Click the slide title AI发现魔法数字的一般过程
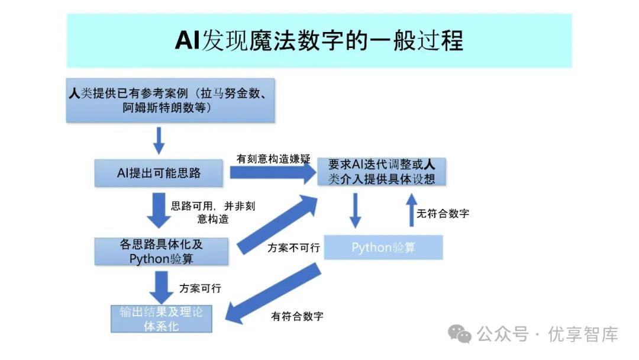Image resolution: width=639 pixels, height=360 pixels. pyautogui.click(x=319, y=41)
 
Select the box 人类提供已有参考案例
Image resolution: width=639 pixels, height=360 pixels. pyautogui.click(x=170, y=101)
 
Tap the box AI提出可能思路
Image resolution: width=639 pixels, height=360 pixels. pyautogui.click(x=159, y=173)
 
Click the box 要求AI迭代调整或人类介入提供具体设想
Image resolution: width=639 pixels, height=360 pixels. pyautogui.click(x=382, y=172)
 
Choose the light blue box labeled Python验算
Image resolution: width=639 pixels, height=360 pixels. pyautogui.click(x=383, y=247)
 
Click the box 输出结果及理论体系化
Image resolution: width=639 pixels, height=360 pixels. pyautogui.click(x=161, y=319)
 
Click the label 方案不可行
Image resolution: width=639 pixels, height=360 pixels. pyautogui.click(x=293, y=247)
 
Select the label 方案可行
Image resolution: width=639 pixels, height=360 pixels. pyautogui.click(x=200, y=288)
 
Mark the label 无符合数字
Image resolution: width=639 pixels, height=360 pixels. pyautogui.click(x=443, y=213)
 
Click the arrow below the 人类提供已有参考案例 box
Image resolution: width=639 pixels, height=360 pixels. pyautogui.click(x=159, y=140)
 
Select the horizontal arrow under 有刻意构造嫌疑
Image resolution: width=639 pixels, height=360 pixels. pyautogui.click(x=272, y=173)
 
